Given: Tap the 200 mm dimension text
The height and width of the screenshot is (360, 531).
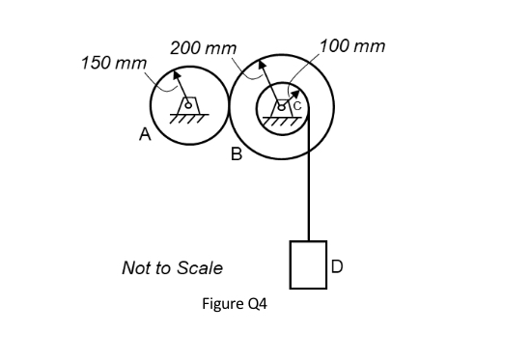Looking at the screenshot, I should point(202,47).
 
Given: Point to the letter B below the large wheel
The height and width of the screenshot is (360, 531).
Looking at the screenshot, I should point(236,154).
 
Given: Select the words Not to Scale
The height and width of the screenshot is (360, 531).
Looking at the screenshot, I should point(172,267).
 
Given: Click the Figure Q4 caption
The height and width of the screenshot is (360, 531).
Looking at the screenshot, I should point(234,303).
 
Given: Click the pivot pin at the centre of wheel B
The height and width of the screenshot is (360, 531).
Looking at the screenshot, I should point(281,103).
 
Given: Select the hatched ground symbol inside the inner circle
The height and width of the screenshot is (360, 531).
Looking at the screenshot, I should point(283,118).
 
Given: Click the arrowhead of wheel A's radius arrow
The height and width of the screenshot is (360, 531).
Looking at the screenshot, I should point(177,73).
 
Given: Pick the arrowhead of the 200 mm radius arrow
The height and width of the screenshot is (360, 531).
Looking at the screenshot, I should point(263,61).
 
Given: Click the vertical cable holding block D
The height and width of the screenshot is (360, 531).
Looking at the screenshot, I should point(309,183).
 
